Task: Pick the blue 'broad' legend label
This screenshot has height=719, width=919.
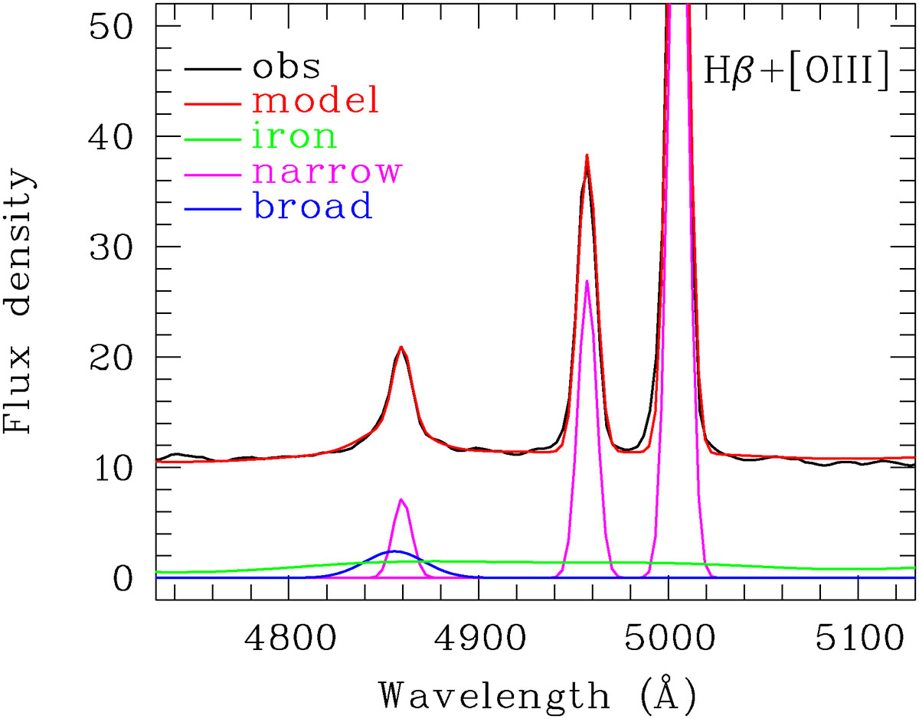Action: coord(312,205)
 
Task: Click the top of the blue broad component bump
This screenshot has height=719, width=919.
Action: coord(394,551)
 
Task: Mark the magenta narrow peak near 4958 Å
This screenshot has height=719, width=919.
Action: coord(587,281)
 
